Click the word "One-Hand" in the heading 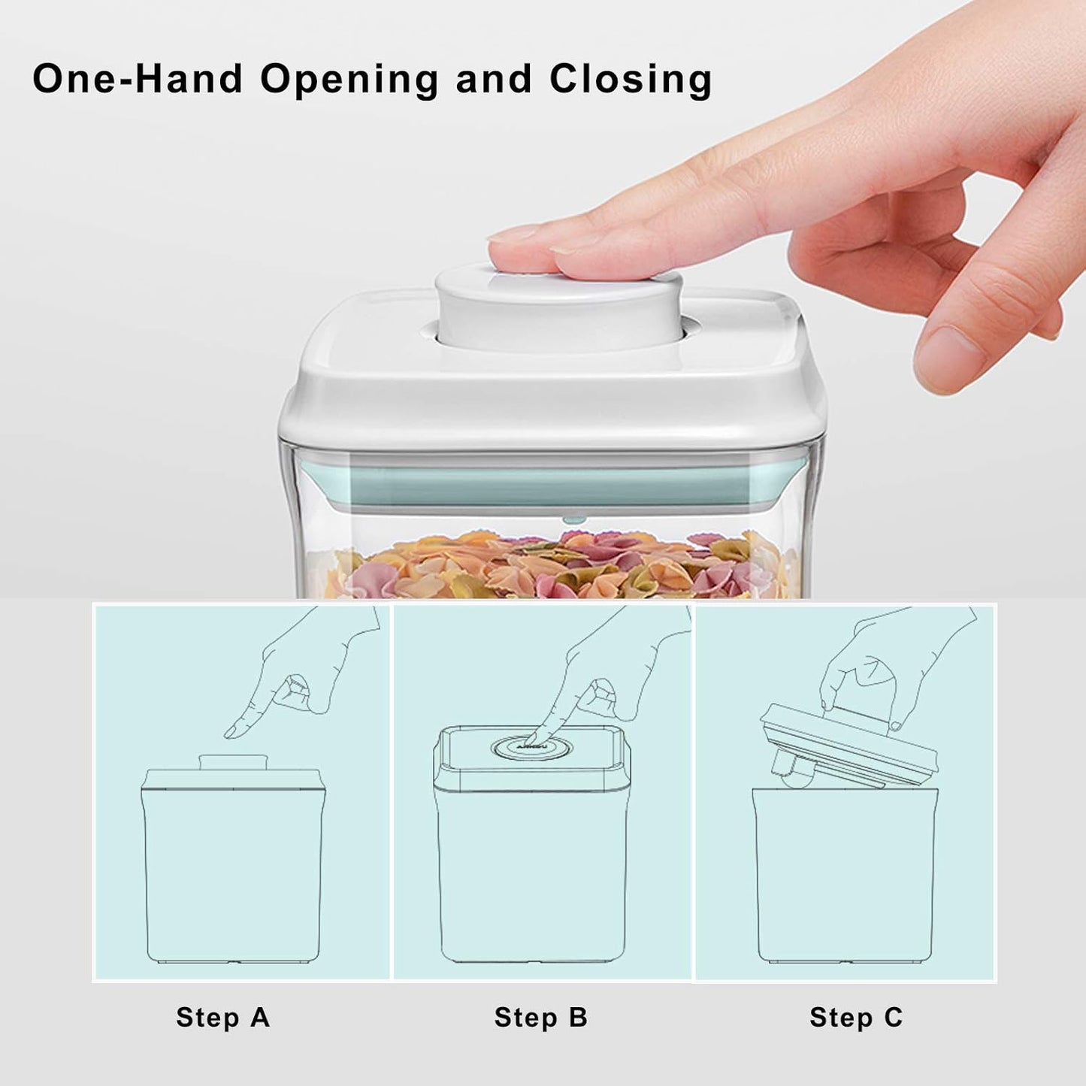(x=138, y=79)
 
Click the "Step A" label (x=222, y=1017)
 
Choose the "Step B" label (x=540, y=1017)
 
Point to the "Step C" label (x=856, y=1017)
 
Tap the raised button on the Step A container (x=232, y=761)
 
